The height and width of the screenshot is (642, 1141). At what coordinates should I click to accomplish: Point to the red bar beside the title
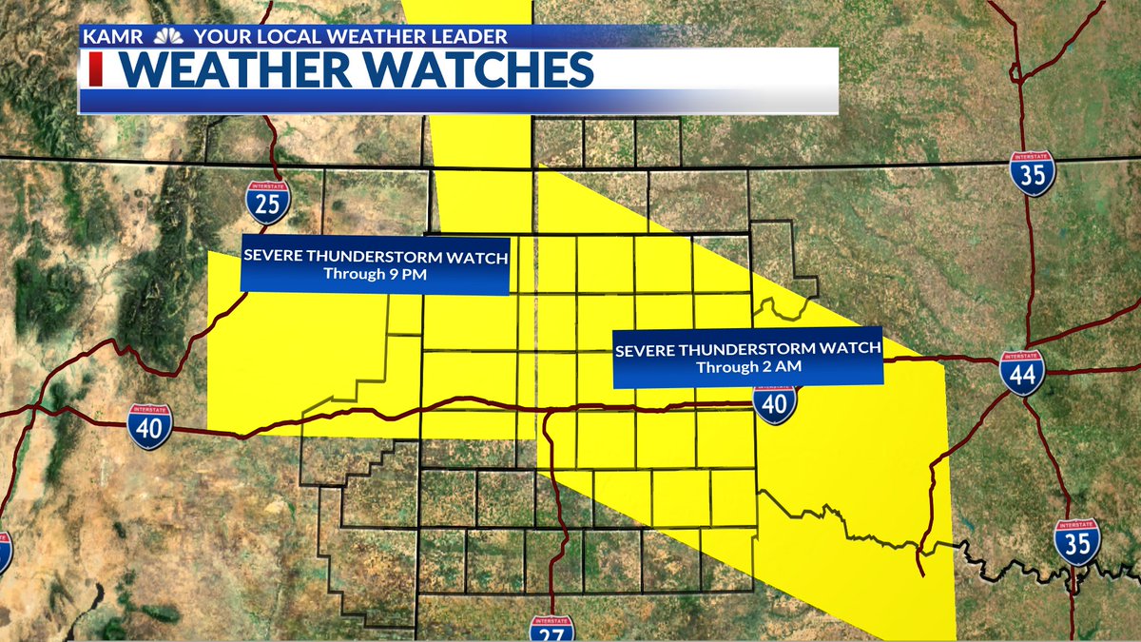click(x=94, y=71)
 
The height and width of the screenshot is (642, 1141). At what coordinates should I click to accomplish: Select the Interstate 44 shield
click(x=1021, y=372)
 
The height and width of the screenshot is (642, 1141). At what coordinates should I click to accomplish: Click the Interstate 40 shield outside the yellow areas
click(x=150, y=426)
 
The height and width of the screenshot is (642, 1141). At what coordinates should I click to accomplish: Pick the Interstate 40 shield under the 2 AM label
click(x=776, y=403)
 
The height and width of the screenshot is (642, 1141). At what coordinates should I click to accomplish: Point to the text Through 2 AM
click(x=747, y=366)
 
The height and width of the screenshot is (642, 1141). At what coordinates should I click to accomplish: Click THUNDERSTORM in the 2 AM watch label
click(x=750, y=349)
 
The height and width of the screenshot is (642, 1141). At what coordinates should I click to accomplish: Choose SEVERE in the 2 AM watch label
click(x=644, y=349)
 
